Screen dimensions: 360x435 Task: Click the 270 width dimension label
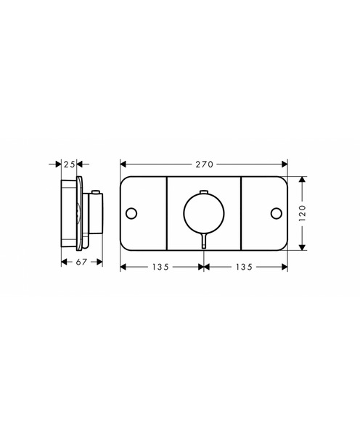click(204, 165)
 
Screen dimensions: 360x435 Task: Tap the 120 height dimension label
click(302, 213)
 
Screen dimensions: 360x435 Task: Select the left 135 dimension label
click(160, 267)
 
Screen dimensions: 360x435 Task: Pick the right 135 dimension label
click(244, 267)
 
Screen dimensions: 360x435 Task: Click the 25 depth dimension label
click(69, 165)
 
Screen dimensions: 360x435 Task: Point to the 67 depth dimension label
click(81, 262)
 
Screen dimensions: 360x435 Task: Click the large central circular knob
click(204, 213)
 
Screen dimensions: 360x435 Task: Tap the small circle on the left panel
click(131, 213)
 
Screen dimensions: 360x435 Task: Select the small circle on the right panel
click(277, 213)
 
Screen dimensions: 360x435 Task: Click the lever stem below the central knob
click(204, 240)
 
